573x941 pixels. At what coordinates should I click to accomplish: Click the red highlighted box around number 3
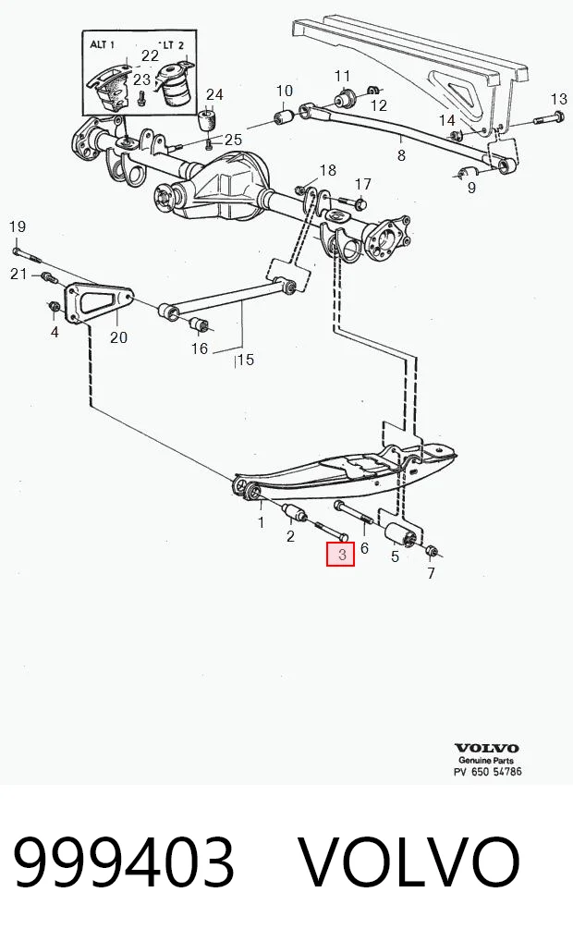tap(340, 554)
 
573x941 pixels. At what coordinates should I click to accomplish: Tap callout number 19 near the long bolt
tap(18, 226)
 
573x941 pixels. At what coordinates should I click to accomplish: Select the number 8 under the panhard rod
tap(401, 155)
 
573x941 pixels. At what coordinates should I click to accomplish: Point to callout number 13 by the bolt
tap(558, 99)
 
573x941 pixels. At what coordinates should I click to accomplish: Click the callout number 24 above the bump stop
tap(214, 94)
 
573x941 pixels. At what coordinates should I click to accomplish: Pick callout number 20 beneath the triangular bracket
tap(118, 337)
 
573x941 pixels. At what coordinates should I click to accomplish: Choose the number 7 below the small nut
tap(431, 574)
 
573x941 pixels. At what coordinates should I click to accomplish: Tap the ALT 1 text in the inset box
tap(102, 44)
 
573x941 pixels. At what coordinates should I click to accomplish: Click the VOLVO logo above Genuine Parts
tap(487, 748)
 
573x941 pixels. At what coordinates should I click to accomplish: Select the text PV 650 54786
tap(488, 771)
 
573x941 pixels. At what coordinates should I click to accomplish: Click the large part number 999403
tap(124, 862)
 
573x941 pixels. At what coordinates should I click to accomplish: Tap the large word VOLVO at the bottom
tap(409, 862)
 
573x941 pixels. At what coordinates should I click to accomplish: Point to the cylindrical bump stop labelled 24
tap(208, 119)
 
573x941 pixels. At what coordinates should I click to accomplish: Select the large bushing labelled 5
tap(401, 534)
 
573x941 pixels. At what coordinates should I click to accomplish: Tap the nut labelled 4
tap(54, 307)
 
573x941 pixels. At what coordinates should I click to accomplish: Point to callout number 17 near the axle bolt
tap(363, 184)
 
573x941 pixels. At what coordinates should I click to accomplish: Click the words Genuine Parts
tap(486, 760)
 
